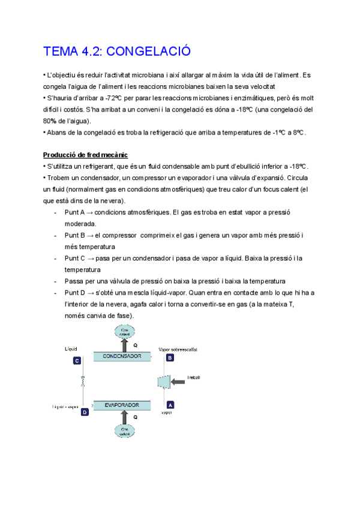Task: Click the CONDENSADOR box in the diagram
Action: (122, 357)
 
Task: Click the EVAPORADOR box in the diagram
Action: (122, 405)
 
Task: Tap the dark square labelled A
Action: (170, 405)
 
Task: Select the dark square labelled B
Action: (170, 358)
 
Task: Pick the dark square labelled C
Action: (77, 361)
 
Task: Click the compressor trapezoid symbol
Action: (163, 381)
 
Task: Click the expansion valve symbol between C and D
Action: (82, 382)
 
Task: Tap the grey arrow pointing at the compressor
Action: (181, 381)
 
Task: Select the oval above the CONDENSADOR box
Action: (125, 330)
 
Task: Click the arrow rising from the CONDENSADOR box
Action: (125, 345)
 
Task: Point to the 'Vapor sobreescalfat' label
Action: (178, 349)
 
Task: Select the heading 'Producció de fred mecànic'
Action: (85, 156)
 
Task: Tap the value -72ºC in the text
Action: (113, 98)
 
